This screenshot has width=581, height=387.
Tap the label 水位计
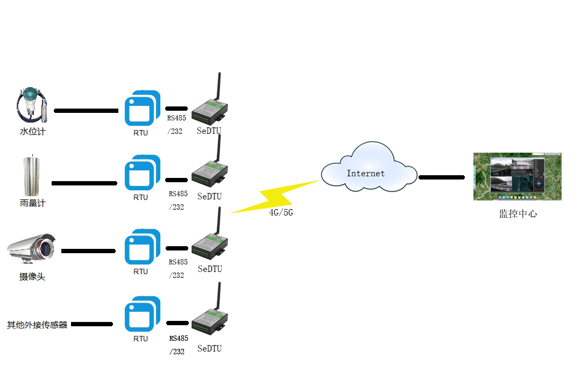tap(32, 131)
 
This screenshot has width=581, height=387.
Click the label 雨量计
tap(32, 203)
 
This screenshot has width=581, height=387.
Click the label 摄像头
tap(32, 277)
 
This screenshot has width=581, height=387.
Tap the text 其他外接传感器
tap(37, 325)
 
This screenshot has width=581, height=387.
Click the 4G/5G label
tap(281, 213)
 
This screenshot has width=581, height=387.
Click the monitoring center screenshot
tap(517, 176)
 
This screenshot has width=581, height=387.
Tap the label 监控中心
tap(518, 214)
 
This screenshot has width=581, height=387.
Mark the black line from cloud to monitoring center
tap(441, 177)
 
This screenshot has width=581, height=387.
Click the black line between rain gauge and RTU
tap(84, 183)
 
